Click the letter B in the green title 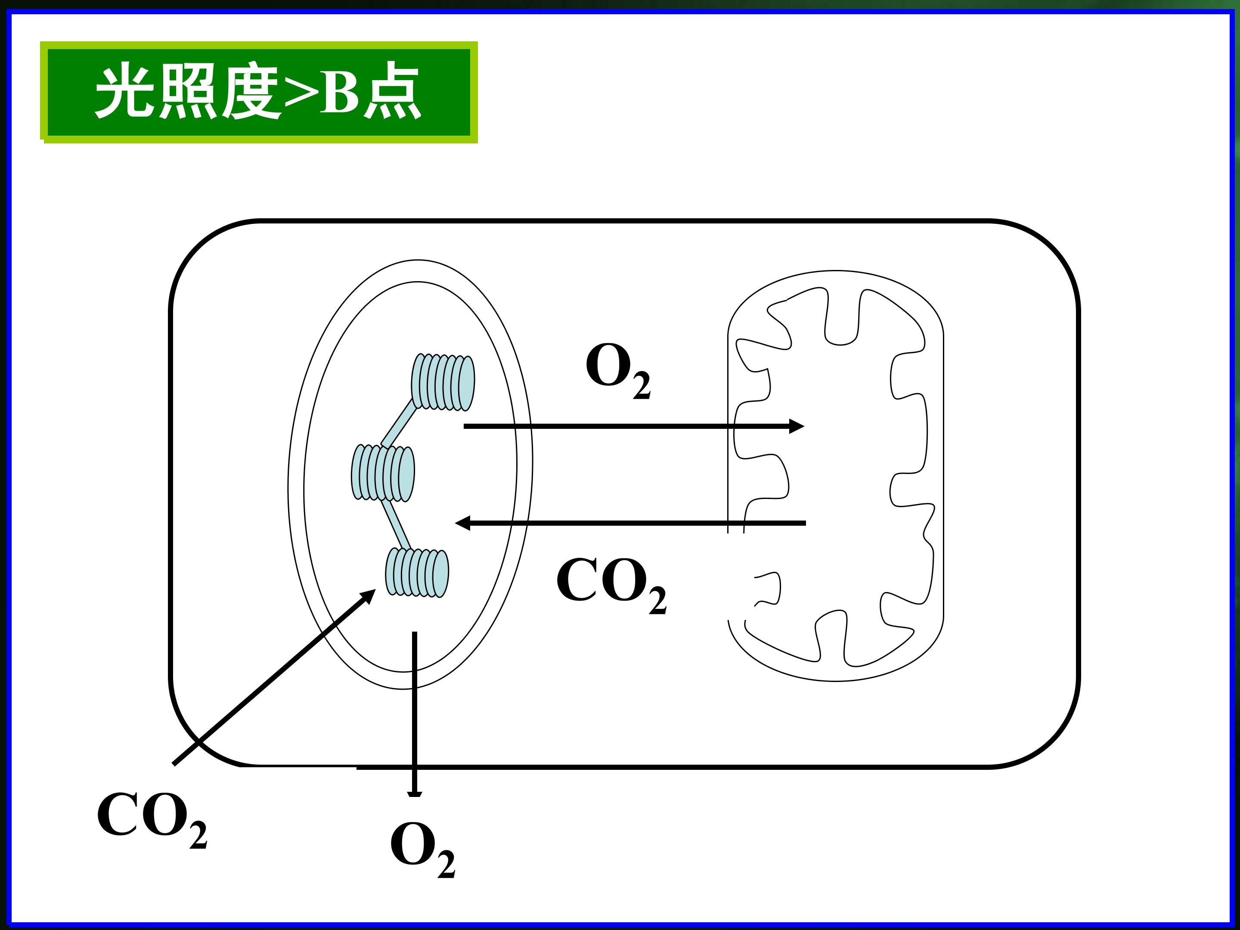[339, 92]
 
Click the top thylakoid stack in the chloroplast [443, 382]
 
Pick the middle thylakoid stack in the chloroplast [383, 473]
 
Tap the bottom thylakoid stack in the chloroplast [417, 572]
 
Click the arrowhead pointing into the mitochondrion [797, 426]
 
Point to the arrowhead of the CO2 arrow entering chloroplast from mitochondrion [462, 523]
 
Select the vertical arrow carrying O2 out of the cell [414, 714]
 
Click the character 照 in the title [188, 92]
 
